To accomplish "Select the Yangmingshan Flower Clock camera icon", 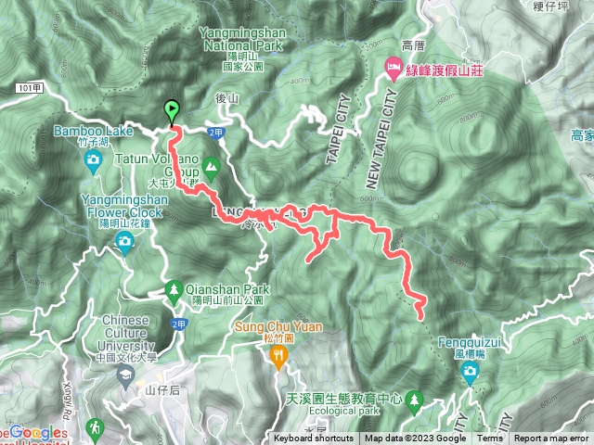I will [124, 243].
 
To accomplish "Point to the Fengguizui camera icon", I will [470, 373].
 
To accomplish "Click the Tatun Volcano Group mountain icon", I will [211, 169].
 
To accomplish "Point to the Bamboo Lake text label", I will [93, 132].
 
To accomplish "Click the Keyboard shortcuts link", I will [313, 439].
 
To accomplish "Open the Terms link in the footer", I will [490, 439].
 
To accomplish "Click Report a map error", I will [551, 439].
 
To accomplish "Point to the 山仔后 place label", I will [161, 391].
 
